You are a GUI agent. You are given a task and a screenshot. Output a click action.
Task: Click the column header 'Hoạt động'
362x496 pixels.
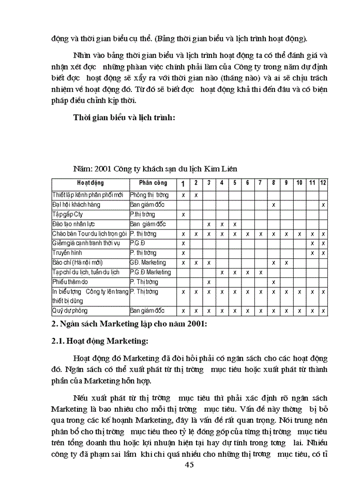90,183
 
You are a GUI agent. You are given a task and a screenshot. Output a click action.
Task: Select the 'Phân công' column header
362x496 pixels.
153,183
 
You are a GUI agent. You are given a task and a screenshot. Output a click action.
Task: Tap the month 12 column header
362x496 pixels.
323,183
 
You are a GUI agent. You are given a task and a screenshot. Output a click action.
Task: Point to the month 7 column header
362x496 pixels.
260,183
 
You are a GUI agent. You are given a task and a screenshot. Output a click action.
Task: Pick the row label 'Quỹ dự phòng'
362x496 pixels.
70,311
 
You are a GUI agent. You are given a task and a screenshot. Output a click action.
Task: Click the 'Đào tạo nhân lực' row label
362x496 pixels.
74,224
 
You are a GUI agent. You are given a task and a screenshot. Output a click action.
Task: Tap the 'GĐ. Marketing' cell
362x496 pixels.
148,262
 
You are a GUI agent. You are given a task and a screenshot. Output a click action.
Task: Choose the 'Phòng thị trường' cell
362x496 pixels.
149,195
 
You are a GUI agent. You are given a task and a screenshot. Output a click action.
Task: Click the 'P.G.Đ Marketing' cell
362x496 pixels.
150,272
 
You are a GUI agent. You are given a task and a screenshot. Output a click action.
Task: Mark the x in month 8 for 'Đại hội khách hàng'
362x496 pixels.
273,205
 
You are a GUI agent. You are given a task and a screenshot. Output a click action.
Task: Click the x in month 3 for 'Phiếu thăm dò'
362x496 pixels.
208,282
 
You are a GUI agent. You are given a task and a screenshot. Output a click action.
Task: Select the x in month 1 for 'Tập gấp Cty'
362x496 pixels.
183,214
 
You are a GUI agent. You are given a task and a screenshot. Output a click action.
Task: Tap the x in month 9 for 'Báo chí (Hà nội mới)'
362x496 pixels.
286,262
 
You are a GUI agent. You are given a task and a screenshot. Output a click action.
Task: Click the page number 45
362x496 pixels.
189,464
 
